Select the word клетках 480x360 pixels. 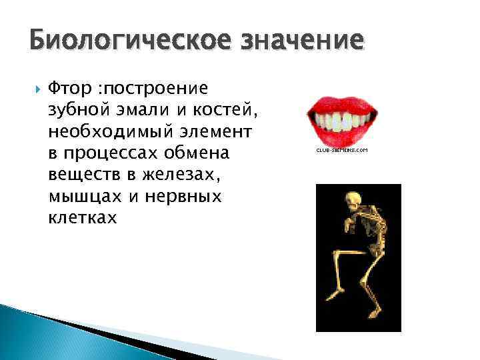click(81, 218)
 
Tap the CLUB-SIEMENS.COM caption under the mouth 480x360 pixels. click(341, 151)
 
